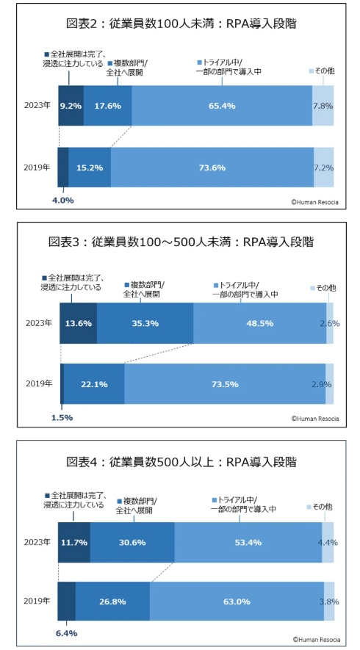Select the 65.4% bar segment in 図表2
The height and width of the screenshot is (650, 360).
tap(222, 106)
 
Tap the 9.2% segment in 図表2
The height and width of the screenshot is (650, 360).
tap(71, 106)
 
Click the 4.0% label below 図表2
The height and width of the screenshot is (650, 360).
tap(62, 199)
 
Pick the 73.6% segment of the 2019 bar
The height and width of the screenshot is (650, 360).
tap(212, 167)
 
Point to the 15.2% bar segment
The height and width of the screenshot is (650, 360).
tap(90, 167)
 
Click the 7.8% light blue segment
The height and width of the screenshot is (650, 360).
tap(323, 106)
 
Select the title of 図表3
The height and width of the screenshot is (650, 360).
tap(180, 242)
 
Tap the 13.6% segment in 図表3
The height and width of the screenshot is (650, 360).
tap(78, 322)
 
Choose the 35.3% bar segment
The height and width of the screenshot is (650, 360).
tap(145, 322)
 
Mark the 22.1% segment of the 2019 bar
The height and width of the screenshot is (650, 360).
tap(94, 383)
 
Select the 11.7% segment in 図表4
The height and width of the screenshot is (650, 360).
tap(73, 542)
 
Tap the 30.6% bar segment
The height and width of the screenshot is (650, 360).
tap(132, 542)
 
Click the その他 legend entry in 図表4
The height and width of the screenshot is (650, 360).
tap(320, 507)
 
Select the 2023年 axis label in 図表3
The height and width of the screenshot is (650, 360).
tap(38, 322)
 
